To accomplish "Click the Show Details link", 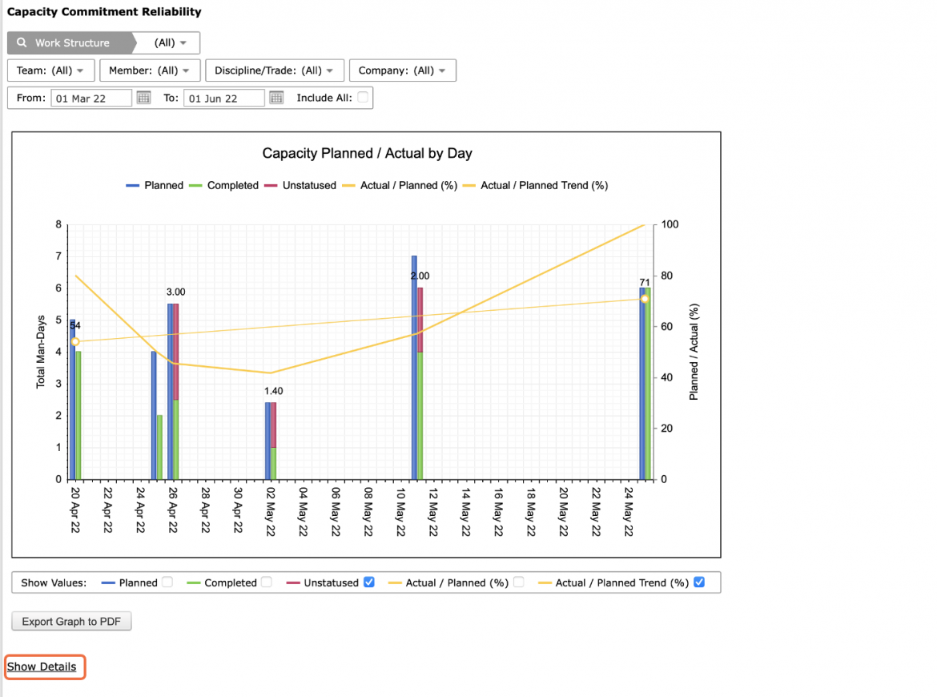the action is point(42,667).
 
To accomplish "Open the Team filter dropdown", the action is point(50,71).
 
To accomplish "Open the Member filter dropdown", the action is point(150,71).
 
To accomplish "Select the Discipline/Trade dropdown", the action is point(274,71).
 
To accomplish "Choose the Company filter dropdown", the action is point(402,71).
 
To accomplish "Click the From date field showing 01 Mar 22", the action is point(90,98).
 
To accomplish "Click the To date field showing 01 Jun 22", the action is point(223,98).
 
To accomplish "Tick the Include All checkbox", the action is point(363,98).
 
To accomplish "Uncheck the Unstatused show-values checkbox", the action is point(369,582).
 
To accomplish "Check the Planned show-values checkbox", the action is point(167,582).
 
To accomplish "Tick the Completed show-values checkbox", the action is point(267,582).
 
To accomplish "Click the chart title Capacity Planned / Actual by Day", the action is point(367,154).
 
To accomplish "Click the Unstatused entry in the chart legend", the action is point(309,185).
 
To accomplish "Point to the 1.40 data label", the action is point(274,391).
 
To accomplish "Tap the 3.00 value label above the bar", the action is point(175,292).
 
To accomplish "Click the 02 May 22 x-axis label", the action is point(271,512).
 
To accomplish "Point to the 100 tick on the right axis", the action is point(670,224).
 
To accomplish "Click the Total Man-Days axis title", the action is point(41,352).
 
